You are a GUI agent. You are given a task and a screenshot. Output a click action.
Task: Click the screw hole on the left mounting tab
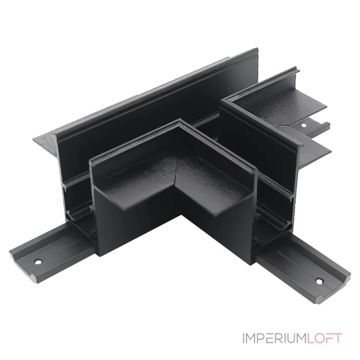point(38,261)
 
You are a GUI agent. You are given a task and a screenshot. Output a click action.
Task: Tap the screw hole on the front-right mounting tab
point(319,281)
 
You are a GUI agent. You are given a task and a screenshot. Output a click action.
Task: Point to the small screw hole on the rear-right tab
point(303,126)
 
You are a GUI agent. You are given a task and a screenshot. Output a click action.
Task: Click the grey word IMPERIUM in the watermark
point(274,338)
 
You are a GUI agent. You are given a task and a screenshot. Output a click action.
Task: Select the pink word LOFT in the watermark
point(324,338)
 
